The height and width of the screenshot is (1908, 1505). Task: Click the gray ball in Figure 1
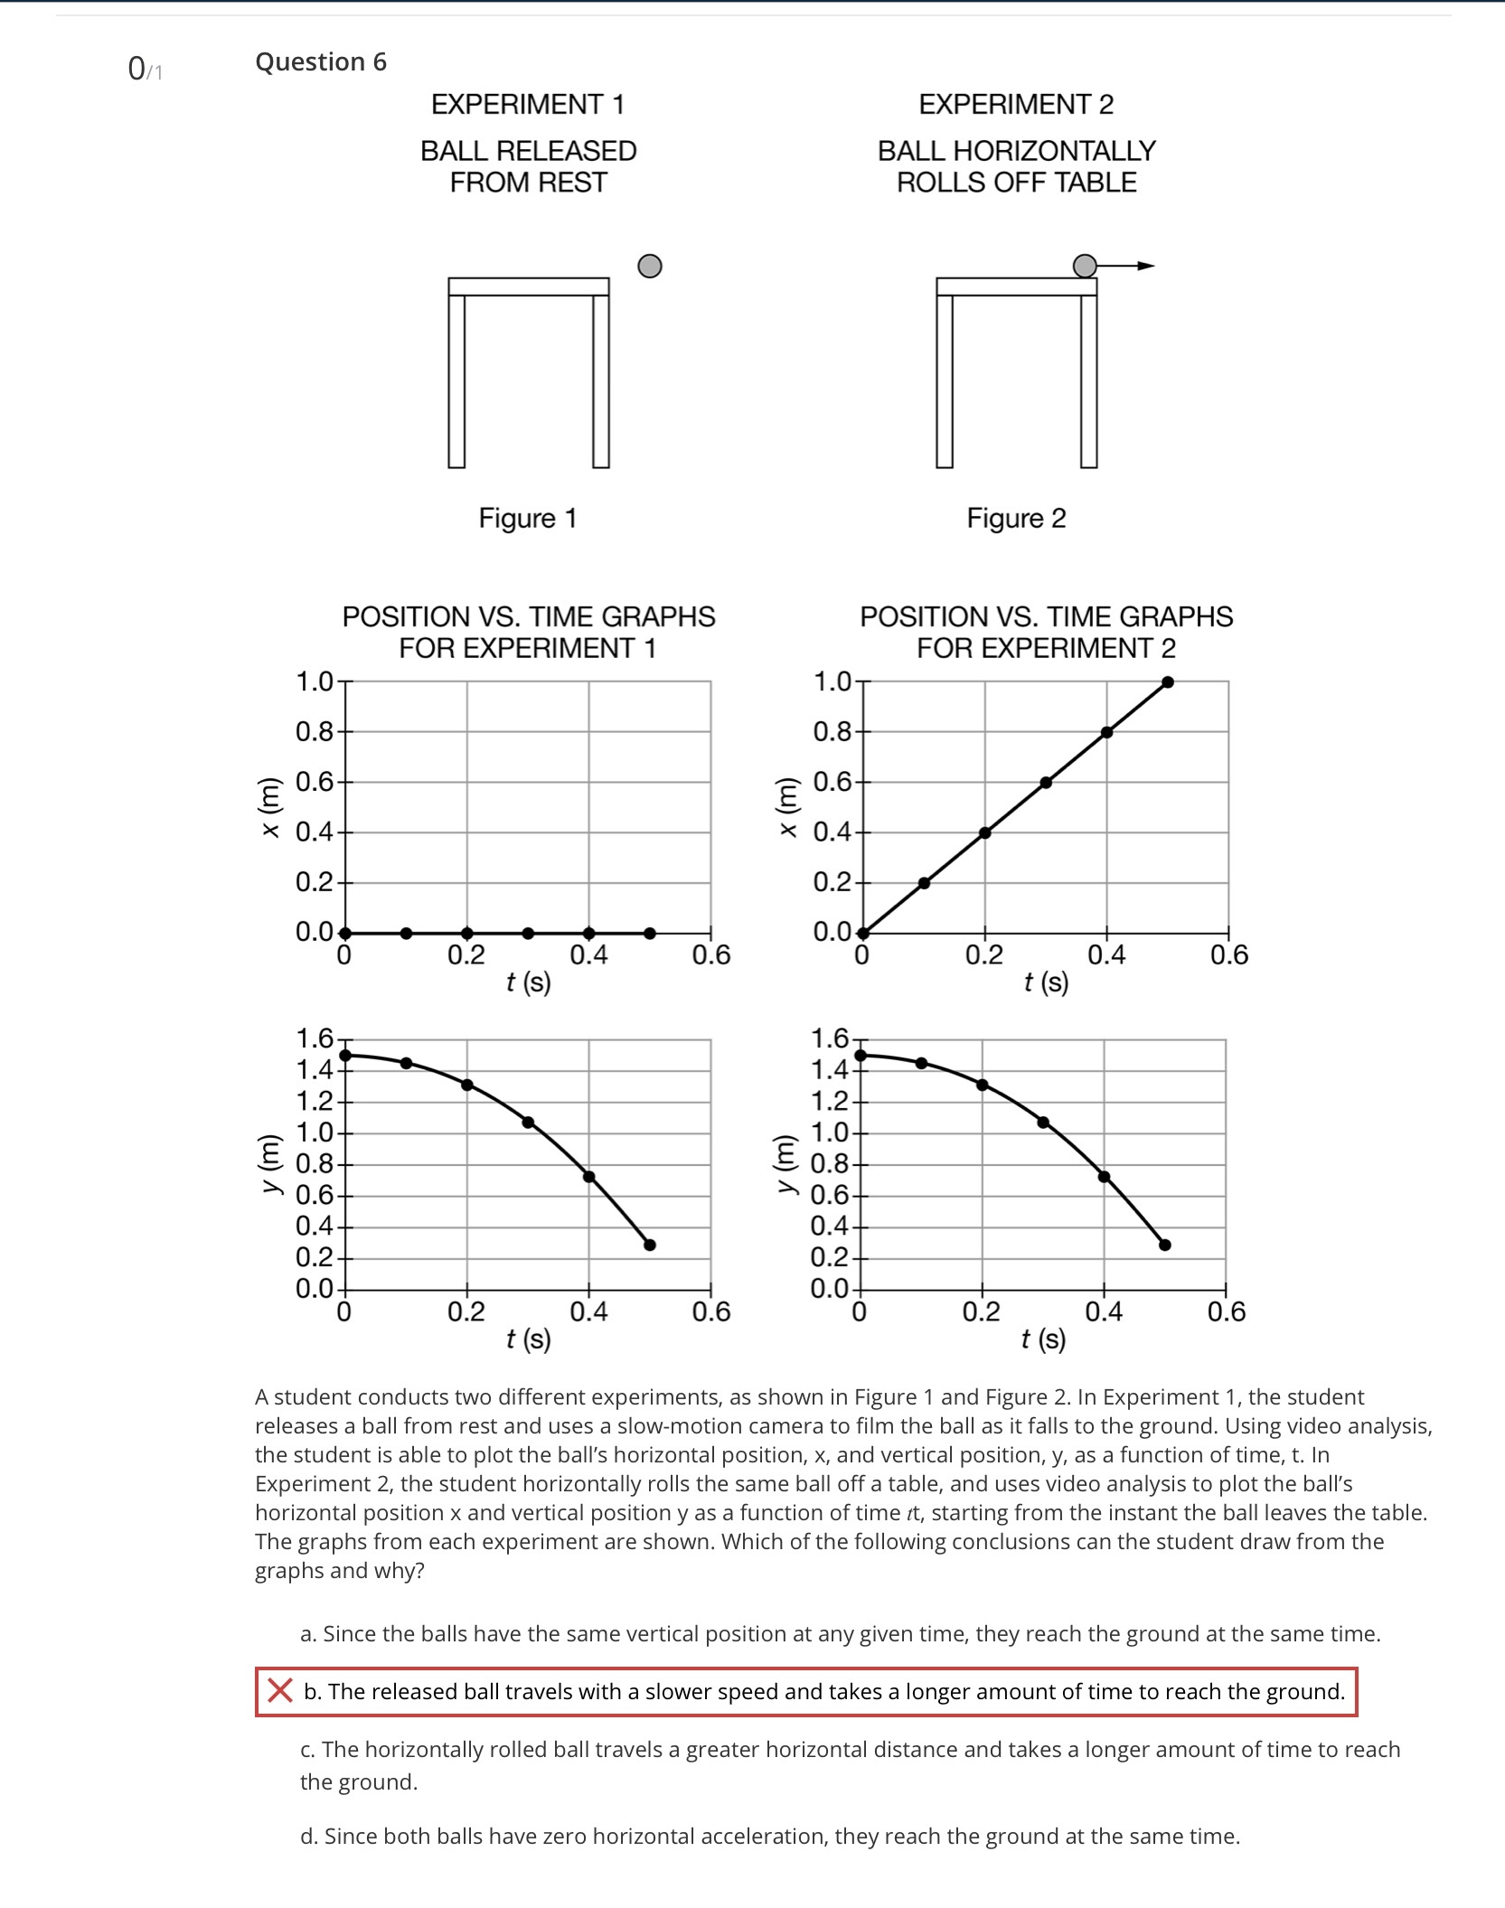pyautogui.click(x=649, y=266)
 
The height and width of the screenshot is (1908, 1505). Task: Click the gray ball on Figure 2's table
pyautogui.click(x=1084, y=266)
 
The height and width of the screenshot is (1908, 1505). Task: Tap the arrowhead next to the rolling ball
pyautogui.click(x=1146, y=266)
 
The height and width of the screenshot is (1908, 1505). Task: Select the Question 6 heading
pyautogui.click(x=320, y=61)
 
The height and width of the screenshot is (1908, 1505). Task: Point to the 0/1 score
pyautogui.click(x=145, y=69)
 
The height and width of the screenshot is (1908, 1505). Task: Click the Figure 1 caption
pyautogui.click(x=527, y=518)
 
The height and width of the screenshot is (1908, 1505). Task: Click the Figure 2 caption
pyautogui.click(x=1016, y=518)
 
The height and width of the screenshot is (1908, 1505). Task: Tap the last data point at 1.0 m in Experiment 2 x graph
pyautogui.click(x=1167, y=682)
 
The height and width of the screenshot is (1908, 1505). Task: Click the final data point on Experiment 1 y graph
pyautogui.click(x=649, y=1245)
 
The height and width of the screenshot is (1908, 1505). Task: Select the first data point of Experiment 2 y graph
pyautogui.click(x=861, y=1055)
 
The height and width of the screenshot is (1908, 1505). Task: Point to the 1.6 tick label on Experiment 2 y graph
pyautogui.click(x=829, y=1039)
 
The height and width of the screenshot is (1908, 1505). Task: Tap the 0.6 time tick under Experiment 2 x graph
pyautogui.click(x=1228, y=954)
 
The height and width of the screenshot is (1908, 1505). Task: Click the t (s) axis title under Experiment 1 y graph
pyautogui.click(x=528, y=1339)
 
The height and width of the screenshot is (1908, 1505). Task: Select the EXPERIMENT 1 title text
pyautogui.click(x=527, y=105)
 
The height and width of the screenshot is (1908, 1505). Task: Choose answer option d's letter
pyautogui.click(x=308, y=1836)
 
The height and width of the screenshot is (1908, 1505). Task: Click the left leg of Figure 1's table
pyautogui.click(x=456, y=381)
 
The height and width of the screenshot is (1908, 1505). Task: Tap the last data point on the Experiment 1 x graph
pyautogui.click(x=649, y=933)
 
